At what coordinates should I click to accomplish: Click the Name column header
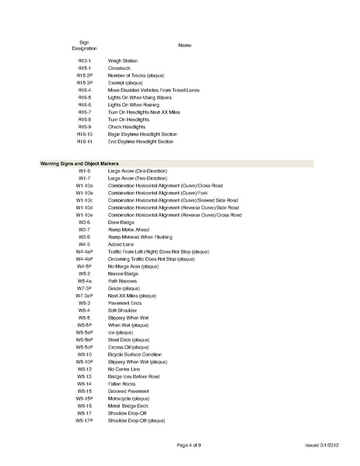(x=184, y=46)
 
